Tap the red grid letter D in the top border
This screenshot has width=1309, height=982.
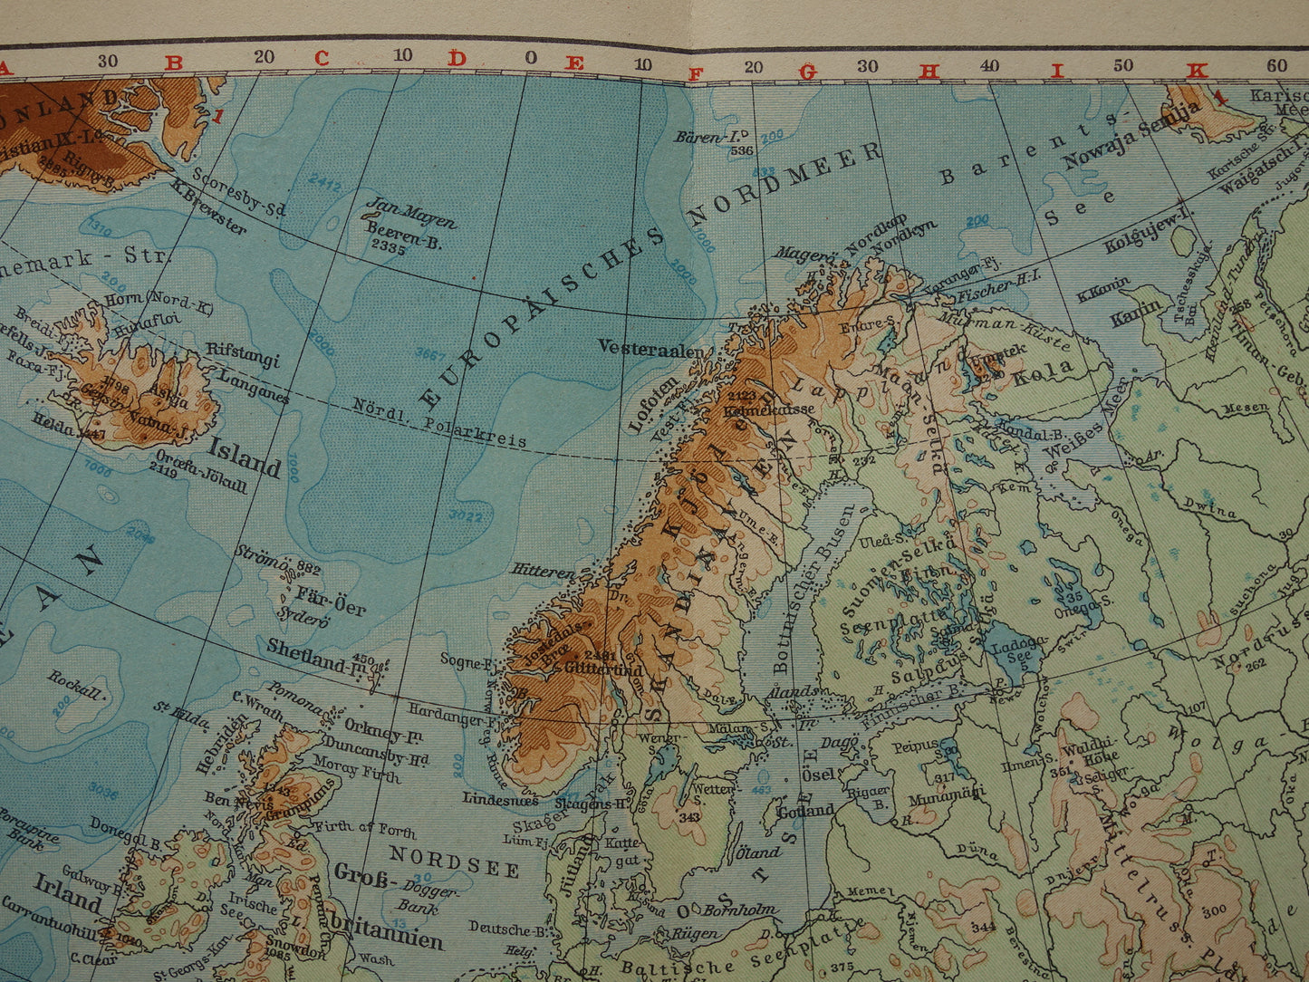457,59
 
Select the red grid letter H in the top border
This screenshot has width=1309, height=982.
928,71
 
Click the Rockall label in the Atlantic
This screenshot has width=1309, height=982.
77,685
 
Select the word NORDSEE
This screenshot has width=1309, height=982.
455,860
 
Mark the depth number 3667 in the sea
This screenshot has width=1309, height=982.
430,352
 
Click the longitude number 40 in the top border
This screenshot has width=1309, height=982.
989,66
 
